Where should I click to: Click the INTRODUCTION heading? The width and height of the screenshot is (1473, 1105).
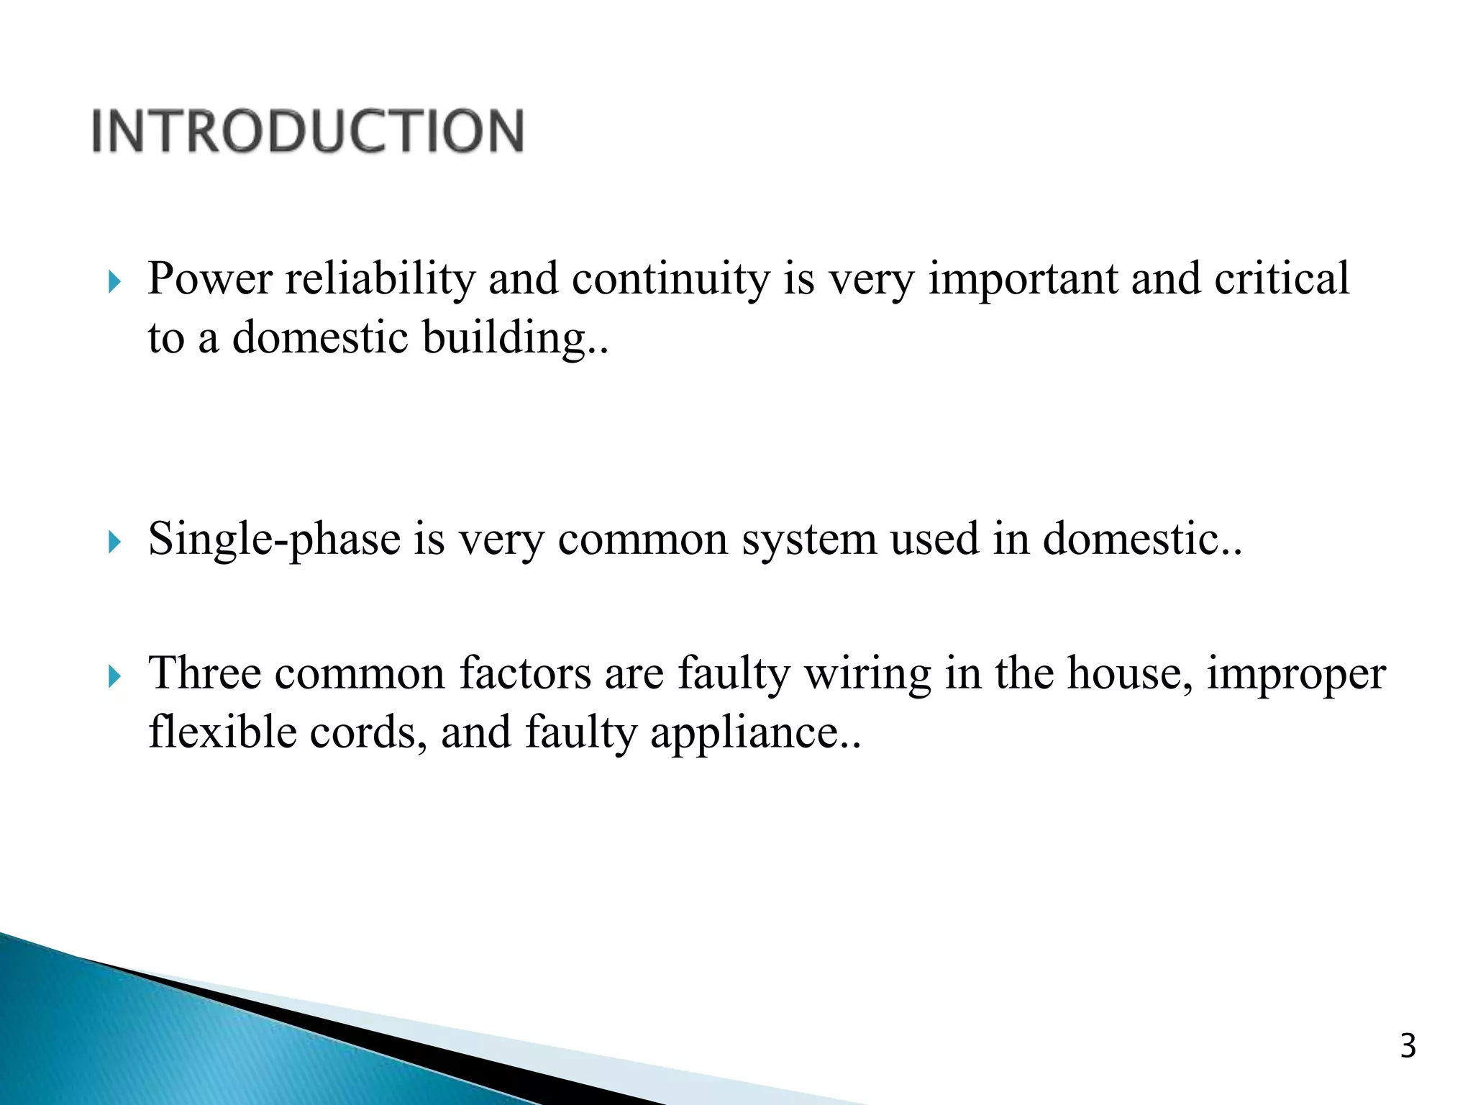coord(308,131)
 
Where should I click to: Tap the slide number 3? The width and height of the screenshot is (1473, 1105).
coord(1408,1047)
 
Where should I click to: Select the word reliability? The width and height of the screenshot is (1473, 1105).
coord(380,278)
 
